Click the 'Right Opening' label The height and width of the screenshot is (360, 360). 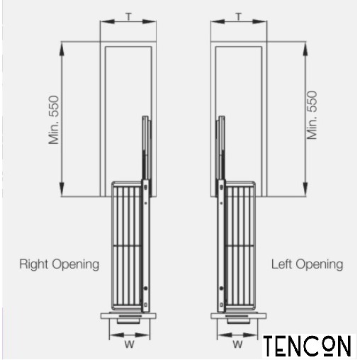tap(60, 264)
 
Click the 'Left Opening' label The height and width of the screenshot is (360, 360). tap(307, 264)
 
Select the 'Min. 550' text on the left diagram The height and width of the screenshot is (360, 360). tap(53, 120)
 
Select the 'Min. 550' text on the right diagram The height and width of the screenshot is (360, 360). tap(312, 115)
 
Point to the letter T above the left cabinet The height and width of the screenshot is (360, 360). tap(128, 17)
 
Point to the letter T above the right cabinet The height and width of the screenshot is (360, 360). tap(239, 17)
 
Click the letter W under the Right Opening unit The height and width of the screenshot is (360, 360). tap(130, 344)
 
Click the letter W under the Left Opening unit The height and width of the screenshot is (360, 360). tap(237, 344)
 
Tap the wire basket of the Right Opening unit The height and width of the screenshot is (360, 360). tap(126, 246)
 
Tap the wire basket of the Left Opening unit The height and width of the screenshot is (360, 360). tap(240, 246)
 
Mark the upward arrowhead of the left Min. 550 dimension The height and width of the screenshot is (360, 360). tap(62, 50)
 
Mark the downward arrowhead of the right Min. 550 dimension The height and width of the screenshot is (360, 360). tap(305, 189)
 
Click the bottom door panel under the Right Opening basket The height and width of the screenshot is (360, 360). tap(128, 315)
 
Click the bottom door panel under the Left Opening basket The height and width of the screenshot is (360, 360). tap(239, 315)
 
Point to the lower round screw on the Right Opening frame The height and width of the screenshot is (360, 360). tap(145, 288)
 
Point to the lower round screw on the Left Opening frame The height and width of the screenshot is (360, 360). tap(221, 288)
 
